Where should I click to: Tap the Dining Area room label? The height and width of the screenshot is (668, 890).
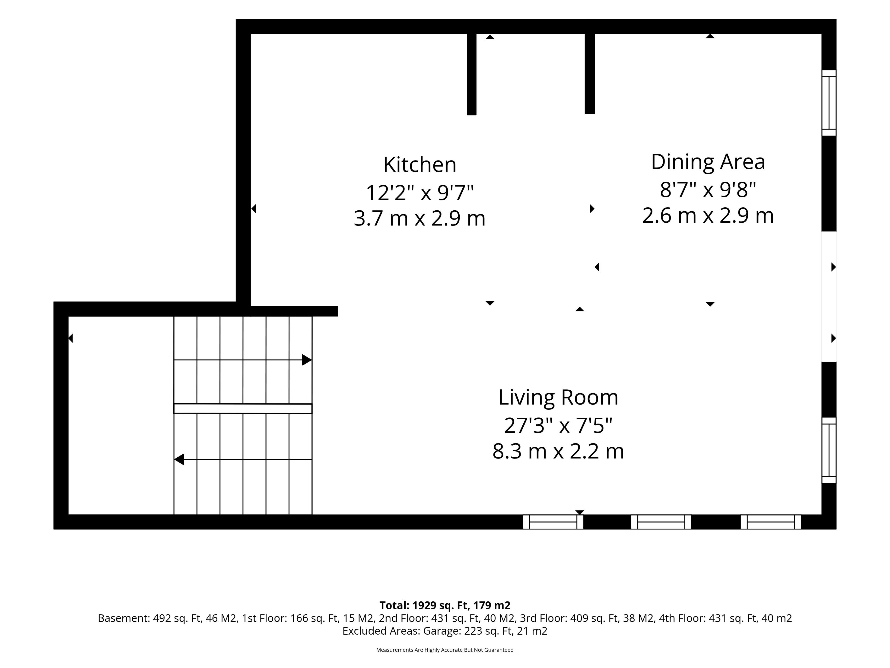(708, 162)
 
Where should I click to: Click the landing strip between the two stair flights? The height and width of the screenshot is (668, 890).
(243, 408)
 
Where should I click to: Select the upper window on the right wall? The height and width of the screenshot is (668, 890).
(829, 103)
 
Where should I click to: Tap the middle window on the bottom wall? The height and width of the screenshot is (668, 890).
(661, 522)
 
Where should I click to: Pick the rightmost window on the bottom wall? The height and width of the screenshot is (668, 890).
(770, 522)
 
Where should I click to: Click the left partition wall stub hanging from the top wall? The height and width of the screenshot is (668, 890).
(472, 67)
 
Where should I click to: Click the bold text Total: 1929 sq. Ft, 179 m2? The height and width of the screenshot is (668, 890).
(445, 605)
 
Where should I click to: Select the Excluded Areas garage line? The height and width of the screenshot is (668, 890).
(445, 631)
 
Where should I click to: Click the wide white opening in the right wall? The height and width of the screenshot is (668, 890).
(829, 296)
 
